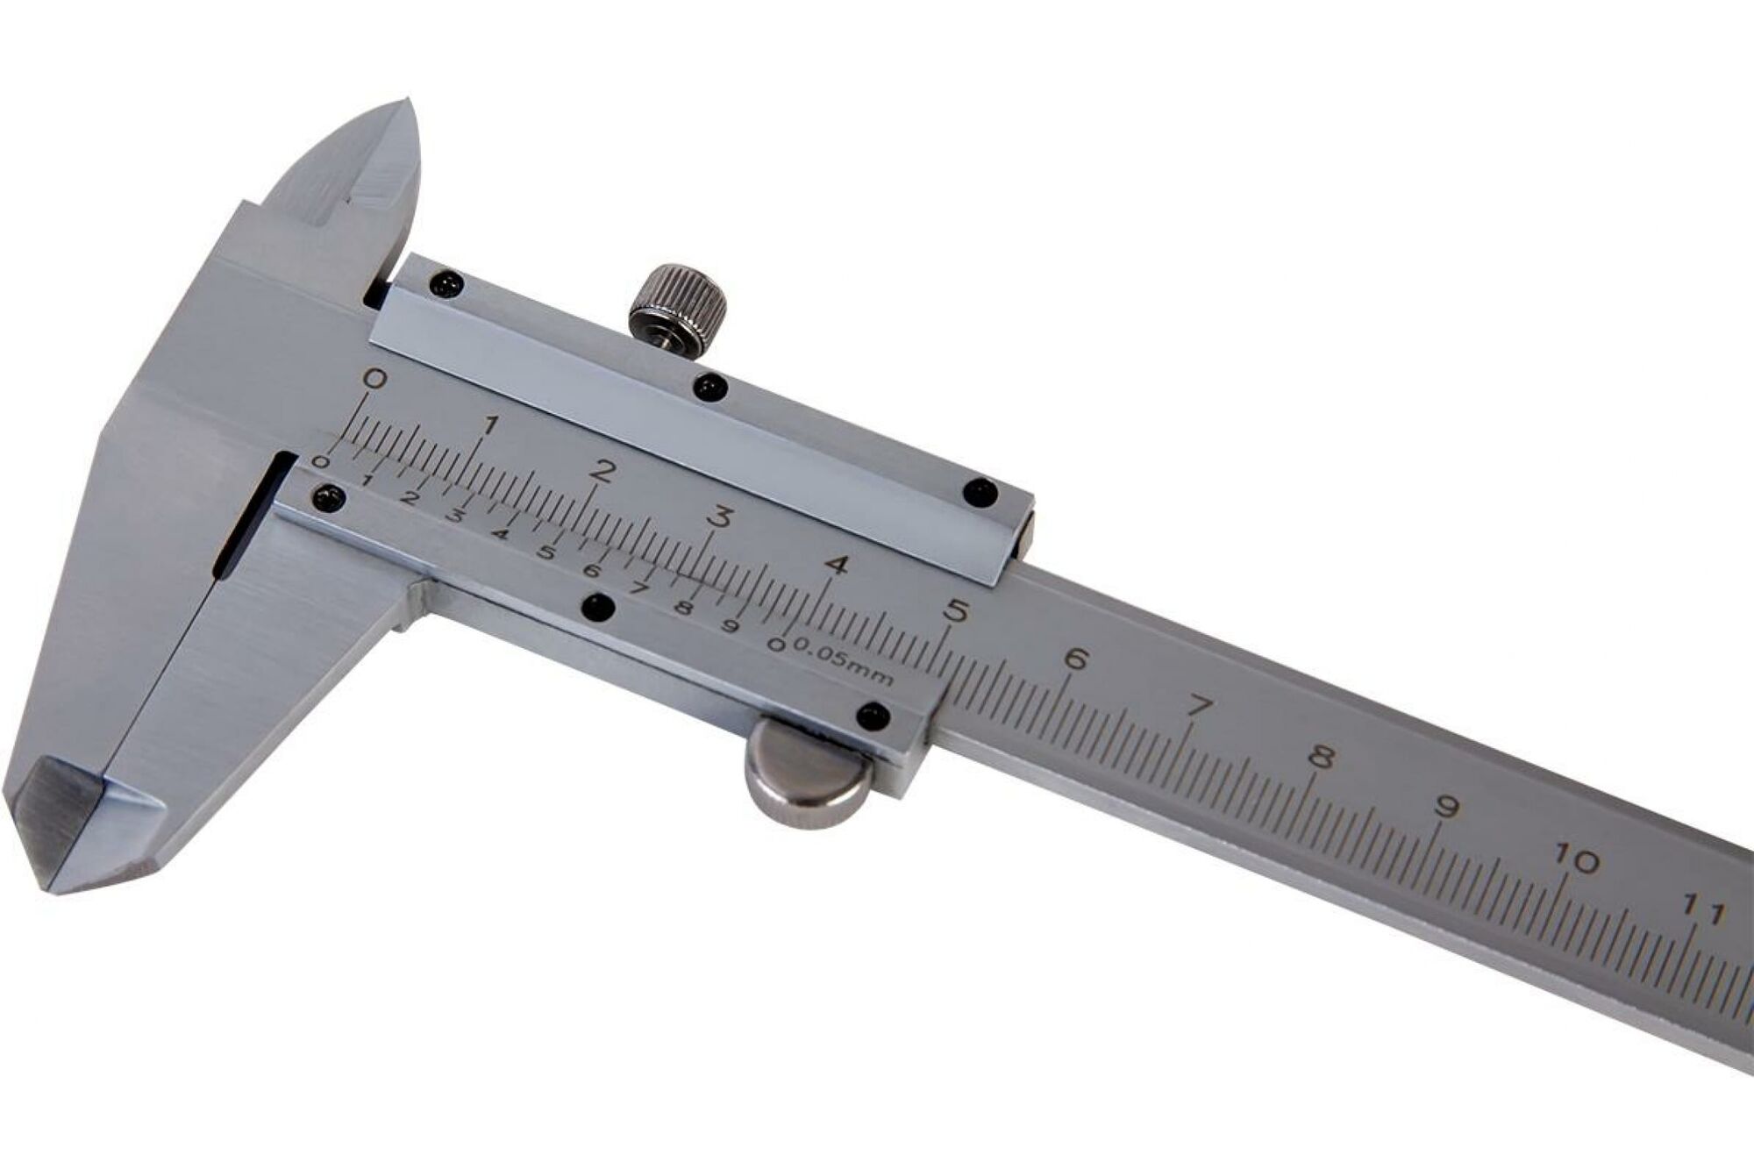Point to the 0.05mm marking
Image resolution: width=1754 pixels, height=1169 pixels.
pos(844,662)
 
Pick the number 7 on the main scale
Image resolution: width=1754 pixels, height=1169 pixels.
pos(1199,706)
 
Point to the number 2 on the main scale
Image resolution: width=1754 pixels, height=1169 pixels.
pos(602,469)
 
